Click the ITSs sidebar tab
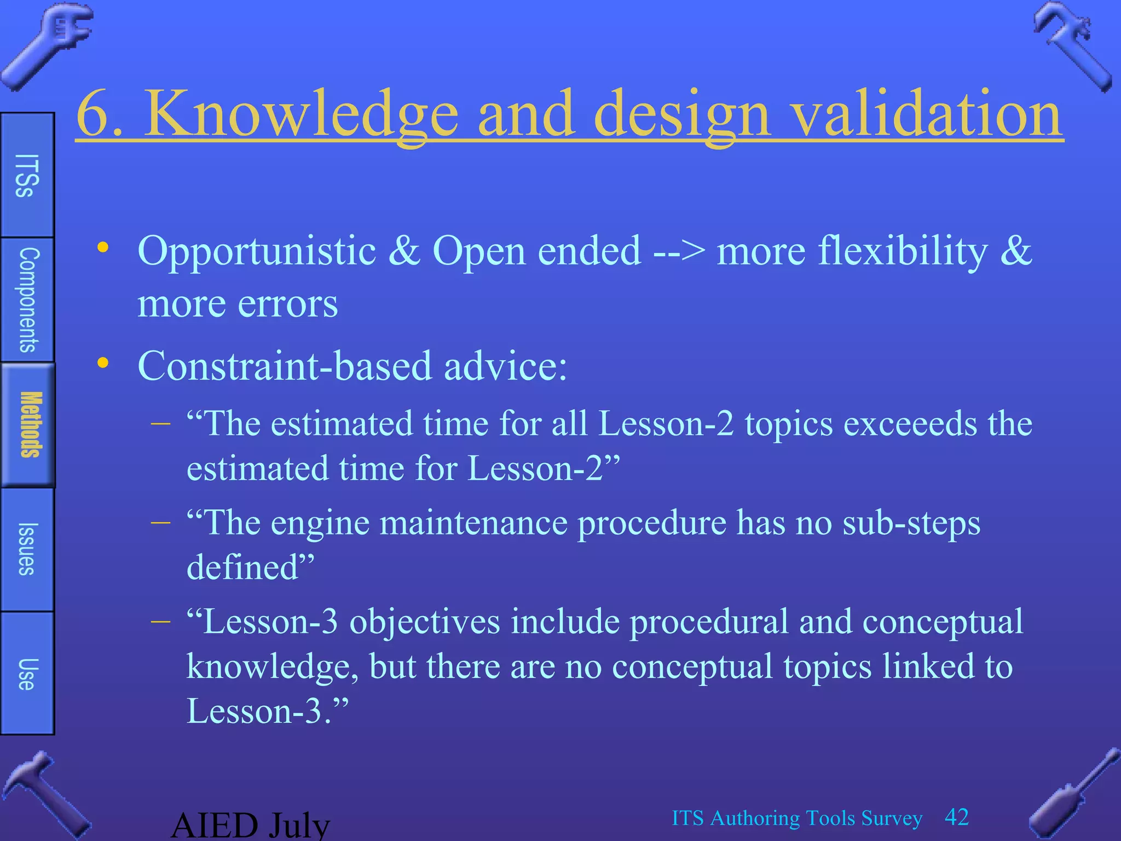click(x=27, y=175)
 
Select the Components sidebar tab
click(x=27, y=299)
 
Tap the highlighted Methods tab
click(x=28, y=425)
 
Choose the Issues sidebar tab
click(x=27, y=549)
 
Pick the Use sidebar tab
click(x=27, y=673)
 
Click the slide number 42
click(x=957, y=817)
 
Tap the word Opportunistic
click(x=257, y=251)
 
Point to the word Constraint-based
click(x=285, y=366)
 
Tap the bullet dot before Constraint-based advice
click(x=103, y=362)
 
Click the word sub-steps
click(x=911, y=523)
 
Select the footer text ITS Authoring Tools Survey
click(x=797, y=818)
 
